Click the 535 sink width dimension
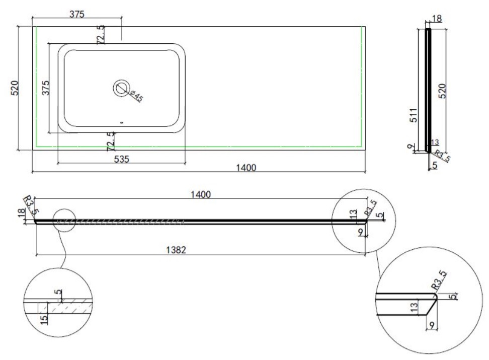point(121,159)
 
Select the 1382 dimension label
point(176,250)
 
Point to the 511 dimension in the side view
point(413,115)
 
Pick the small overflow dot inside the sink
point(122,123)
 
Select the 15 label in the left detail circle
point(44,319)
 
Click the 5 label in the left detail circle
point(58,292)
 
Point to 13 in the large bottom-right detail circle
point(414,307)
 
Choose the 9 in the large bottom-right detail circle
point(432,325)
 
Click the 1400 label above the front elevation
point(201,194)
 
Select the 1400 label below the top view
point(246,168)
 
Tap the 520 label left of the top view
point(15,88)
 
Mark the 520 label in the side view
point(442,91)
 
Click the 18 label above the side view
point(437,19)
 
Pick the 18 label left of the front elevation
point(21,212)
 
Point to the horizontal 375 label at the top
point(76,15)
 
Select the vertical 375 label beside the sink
point(46,88)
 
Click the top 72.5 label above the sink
point(101,35)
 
